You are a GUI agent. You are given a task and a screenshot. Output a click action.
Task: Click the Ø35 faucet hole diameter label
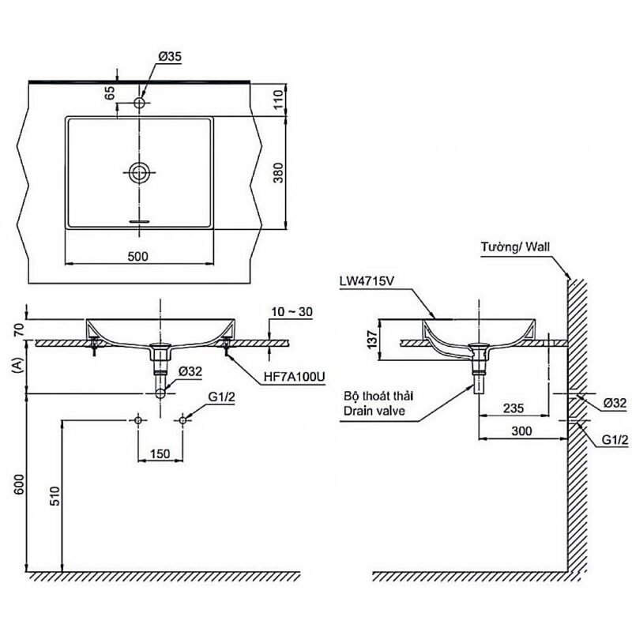pos(170,56)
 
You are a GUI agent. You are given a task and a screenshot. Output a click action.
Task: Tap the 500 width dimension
pos(139,254)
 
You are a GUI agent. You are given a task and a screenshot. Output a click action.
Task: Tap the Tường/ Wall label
pos(514,246)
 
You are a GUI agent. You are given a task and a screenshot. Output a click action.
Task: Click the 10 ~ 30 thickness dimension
pos(292,312)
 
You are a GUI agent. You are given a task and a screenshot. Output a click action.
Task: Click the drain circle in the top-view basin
pos(140,172)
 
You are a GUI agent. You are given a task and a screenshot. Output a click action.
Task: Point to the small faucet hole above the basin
pos(140,103)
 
